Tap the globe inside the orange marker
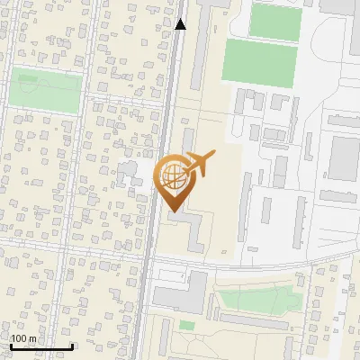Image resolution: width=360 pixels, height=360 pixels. (172, 174)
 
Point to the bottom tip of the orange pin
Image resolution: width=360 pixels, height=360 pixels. (170, 211)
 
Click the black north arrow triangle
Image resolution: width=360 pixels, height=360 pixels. (181, 24)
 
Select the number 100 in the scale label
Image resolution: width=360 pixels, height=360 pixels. (19, 338)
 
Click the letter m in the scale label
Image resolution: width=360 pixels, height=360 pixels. (32, 338)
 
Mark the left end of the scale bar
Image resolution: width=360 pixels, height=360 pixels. (10, 346)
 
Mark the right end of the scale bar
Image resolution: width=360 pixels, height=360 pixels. (72, 346)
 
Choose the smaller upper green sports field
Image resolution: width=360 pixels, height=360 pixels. (274, 22)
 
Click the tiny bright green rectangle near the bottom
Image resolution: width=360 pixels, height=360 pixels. (186, 325)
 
